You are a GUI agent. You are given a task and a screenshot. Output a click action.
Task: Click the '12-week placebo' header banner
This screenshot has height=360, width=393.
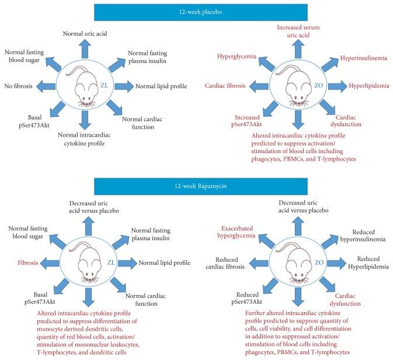click(x=196, y=12)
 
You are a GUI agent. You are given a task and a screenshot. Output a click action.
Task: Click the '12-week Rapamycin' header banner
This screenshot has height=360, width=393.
click(x=196, y=188)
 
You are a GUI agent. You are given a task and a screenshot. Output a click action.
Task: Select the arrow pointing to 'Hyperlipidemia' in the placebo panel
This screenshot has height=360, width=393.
click(x=335, y=86)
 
